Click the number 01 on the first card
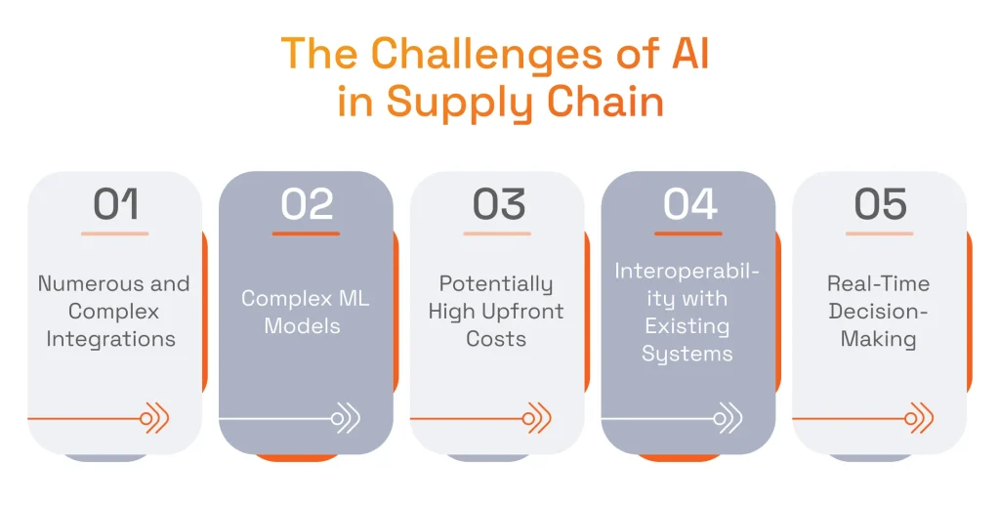tap(115, 204)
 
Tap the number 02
tap(307, 204)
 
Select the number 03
tap(498, 204)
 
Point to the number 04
tap(689, 204)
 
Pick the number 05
tap(880, 204)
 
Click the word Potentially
tap(496, 284)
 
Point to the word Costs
tap(496, 339)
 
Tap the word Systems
tap(687, 354)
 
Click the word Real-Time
tap(878, 284)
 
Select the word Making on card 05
tap(879, 339)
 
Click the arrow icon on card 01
tap(155, 418)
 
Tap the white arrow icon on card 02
tap(346, 418)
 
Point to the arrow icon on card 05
tap(919, 418)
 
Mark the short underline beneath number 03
tap(497, 233)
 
